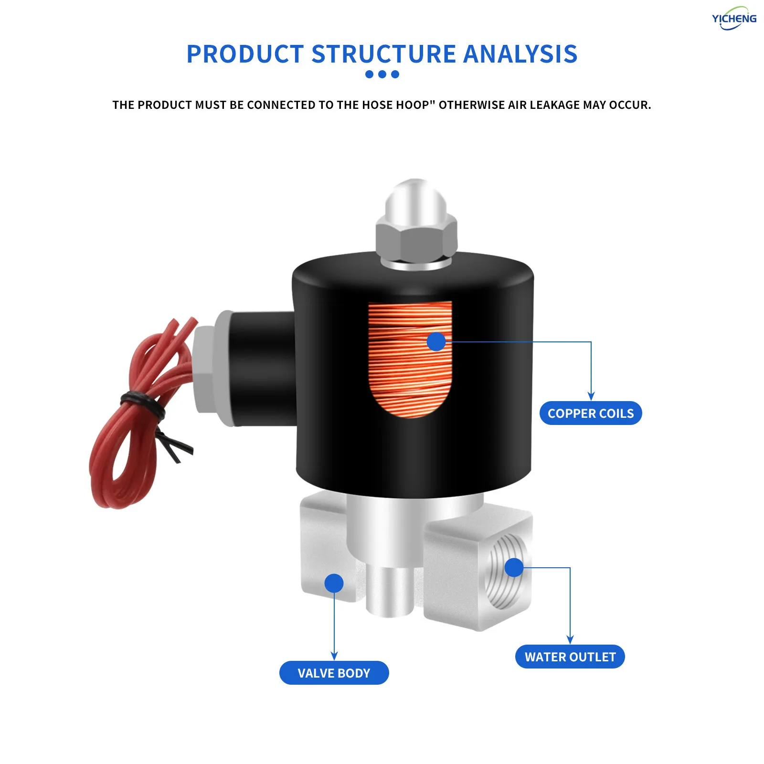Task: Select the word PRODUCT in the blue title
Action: point(245,54)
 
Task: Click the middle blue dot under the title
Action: point(382,74)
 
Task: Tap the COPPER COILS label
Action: point(591,413)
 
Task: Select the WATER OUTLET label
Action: point(570,657)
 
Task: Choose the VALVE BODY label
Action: point(334,673)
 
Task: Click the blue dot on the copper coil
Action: point(436,341)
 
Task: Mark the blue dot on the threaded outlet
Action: point(514,567)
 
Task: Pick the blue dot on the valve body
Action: point(334,583)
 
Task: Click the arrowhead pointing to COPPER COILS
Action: point(591,396)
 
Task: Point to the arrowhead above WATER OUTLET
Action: point(570,640)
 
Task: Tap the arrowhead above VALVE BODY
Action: point(334,656)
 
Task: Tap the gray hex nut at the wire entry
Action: point(205,368)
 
